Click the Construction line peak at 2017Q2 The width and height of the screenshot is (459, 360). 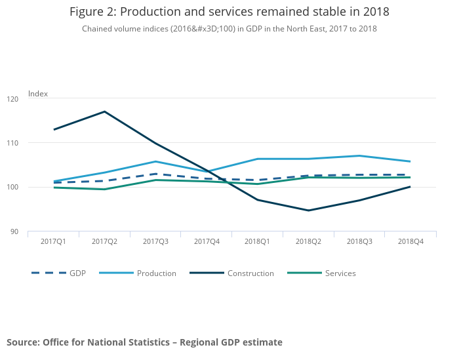pos(104,111)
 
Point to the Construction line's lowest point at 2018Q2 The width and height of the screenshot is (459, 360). pos(308,210)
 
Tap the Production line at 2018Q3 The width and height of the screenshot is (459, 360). pos(359,155)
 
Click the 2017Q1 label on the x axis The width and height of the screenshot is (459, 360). pos(53,242)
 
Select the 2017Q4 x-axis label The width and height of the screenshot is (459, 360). pos(206,242)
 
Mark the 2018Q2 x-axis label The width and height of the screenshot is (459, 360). pos(308,242)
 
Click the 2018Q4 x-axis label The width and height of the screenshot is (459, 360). pos(410,242)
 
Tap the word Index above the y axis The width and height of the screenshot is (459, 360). pos(38,94)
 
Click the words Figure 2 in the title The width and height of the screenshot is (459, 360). pos(92,12)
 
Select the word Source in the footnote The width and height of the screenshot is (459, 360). pos(22,342)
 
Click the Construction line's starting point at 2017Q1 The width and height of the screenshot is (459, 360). pos(54,129)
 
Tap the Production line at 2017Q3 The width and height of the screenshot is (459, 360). pos(155,161)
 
